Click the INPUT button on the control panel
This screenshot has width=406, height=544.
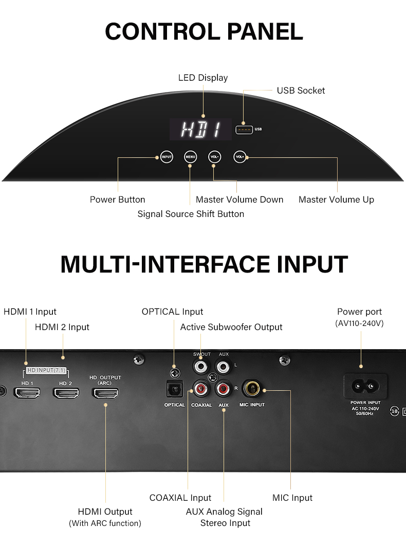coord(167,157)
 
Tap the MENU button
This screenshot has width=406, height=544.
coord(190,157)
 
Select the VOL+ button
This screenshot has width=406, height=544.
coord(239,157)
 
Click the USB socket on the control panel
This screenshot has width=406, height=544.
coord(244,130)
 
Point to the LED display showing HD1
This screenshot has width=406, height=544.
coord(200,130)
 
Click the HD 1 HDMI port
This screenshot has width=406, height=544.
coord(27,393)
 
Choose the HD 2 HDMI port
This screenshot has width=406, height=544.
coord(66,393)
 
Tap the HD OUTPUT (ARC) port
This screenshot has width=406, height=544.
coord(105,393)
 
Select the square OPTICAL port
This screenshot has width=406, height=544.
coord(174,389)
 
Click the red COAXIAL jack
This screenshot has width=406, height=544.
coord(201,389)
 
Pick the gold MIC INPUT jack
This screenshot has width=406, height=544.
coord(252,388)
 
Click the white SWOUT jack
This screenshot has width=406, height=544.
coord(201,367)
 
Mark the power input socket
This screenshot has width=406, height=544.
coord(365,386)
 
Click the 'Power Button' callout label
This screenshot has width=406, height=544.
coord(118,200)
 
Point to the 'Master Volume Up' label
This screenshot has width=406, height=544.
coord(336,200)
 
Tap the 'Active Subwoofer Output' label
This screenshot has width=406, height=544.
coord(231,327)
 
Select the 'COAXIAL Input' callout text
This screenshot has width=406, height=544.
coord(180,498)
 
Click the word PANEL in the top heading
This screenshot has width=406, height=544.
coord(265,31)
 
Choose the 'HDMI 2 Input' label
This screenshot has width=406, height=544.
coord(62,327)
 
